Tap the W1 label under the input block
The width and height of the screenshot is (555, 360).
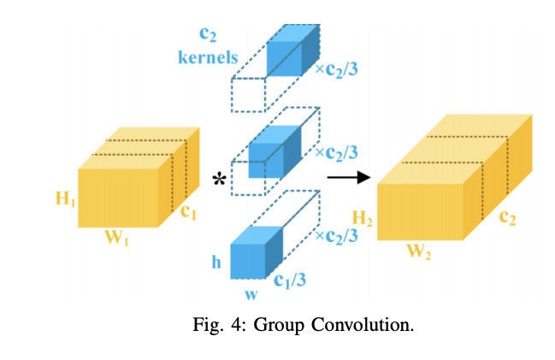[116, 239]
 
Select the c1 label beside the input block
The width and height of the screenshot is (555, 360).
[188, 212]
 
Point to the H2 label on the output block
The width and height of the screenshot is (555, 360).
[363, 221]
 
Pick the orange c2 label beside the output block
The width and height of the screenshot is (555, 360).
[510, 215]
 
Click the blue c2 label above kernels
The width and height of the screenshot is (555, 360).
[206, 35]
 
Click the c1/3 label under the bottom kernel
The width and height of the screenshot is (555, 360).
[292, 280]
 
